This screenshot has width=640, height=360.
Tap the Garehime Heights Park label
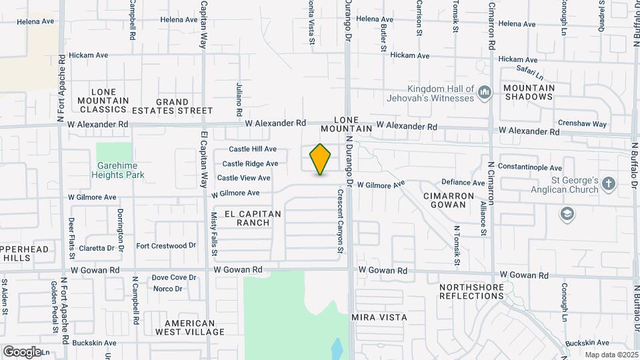120,170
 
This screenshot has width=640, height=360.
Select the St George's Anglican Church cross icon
608,183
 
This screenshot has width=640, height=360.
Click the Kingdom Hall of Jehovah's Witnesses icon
485,92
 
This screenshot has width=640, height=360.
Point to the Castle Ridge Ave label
250,163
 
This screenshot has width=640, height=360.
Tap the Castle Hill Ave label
253,149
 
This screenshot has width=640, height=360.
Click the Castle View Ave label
243,178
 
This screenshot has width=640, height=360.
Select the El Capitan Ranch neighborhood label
253,218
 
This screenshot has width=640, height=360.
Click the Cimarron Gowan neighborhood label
449,200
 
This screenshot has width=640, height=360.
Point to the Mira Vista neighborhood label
379,317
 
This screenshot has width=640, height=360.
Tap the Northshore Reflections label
471,291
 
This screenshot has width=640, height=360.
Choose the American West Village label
185,327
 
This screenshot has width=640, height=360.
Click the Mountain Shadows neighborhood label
529,92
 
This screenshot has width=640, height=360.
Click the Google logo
22,351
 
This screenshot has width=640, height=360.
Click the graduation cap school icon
567,214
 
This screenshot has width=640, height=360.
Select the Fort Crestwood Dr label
166,246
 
